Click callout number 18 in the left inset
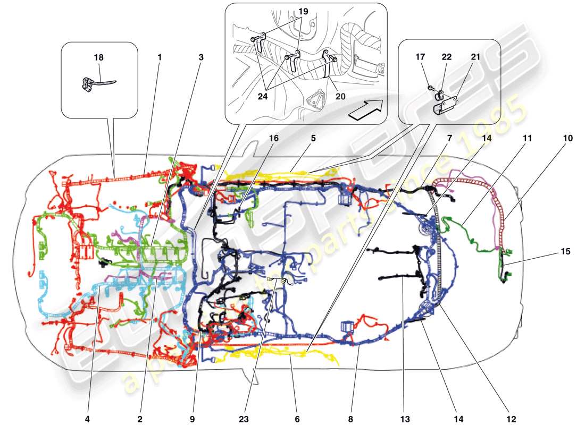point(99,57)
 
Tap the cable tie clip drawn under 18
point(96,83)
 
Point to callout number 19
point(303,11)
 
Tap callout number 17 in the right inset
point(421,57)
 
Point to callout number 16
point(273,139)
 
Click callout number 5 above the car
point(313,138)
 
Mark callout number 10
point(568,138)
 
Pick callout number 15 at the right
point(565,251)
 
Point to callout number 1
point(159,57)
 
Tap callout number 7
point(449,138)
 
